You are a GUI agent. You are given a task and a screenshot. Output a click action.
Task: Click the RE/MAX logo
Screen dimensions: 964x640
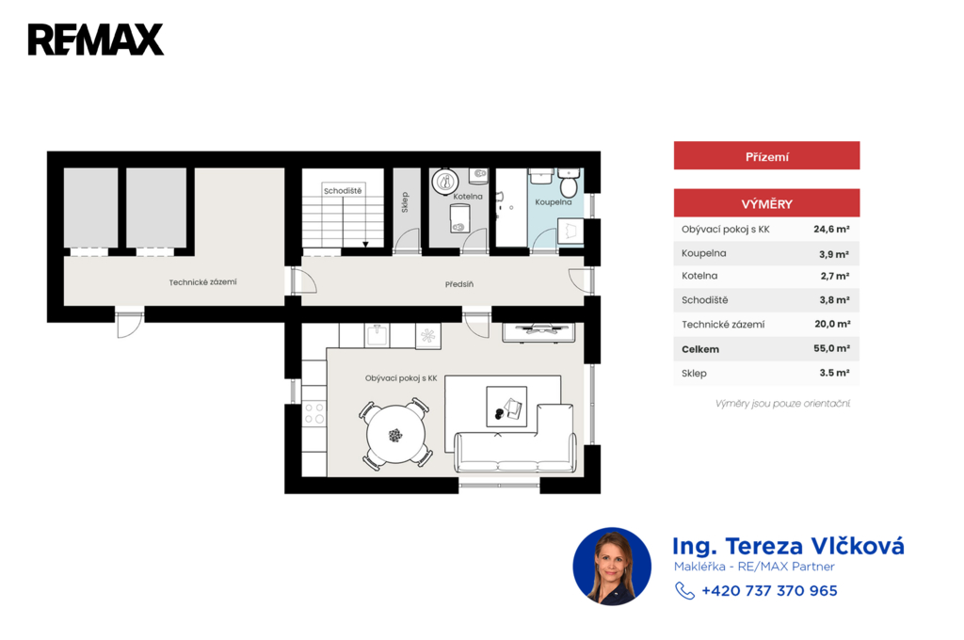(x=96, y=40)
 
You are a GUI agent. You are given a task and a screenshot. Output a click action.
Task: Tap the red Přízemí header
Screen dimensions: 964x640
(x=766, y=156)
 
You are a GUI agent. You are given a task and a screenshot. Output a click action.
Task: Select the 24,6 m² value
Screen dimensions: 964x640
(x=831, y=230)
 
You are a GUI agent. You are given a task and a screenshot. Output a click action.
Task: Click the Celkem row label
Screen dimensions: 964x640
(x=700, y=349)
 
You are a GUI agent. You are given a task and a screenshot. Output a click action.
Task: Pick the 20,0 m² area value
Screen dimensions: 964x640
(x=832, y=324)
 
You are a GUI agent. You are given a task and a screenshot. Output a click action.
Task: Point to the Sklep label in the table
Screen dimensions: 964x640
(x=694, y=374)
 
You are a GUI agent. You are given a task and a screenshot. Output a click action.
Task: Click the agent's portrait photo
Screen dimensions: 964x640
(x=612, y=567)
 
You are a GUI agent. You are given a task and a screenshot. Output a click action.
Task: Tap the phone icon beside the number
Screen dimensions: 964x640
(x=684, y=590)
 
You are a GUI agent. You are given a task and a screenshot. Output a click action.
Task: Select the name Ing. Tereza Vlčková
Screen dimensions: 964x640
(x=788, y=546)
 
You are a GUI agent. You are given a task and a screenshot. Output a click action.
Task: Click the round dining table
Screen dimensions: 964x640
(x=396, y=435)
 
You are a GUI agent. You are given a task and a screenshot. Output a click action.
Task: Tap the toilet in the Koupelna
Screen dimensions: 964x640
(x=569, y=182)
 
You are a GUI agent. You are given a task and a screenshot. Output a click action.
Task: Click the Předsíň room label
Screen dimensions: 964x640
(x=459, y=284)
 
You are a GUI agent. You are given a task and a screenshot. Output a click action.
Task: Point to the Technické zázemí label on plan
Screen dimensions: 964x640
(x=203, y=282)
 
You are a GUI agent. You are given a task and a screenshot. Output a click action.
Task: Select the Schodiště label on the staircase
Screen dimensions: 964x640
(x=343, y=190)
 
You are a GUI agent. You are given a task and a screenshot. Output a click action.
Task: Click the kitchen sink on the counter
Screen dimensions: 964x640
(x=378, y=336)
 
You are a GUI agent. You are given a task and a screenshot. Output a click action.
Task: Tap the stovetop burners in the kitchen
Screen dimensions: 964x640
(x=314, y=413)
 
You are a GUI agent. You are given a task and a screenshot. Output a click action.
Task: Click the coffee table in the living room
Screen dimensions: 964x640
(x=506, y=407)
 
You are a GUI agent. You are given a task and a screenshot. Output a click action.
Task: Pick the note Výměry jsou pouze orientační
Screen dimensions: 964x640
(x=782, y=404)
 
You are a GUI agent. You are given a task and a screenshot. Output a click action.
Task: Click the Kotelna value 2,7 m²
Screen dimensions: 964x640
(x=835, y=276)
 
